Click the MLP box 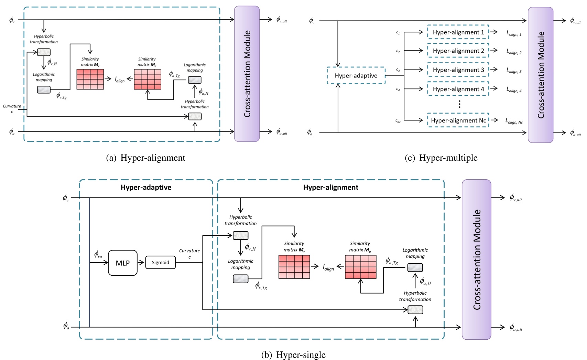point(123,263)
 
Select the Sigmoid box point(160,262)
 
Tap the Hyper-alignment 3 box point(458,70)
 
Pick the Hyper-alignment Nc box point(458,120)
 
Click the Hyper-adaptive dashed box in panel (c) point(356,76)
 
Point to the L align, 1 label point(514,33)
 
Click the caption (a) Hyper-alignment point(146,158)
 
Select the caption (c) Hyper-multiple point(441,158)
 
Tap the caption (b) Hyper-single point(293,355)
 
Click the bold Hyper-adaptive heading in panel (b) point(146,188)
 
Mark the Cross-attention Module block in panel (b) point(476,260)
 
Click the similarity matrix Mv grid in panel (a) point(90,80)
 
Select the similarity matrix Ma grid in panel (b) point(360,267)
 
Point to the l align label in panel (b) point(328,267)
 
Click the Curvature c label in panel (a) point(12,108)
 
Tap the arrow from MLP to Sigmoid point(141,263)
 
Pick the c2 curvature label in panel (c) point(398,51)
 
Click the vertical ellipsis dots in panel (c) point(459,105)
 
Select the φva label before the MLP point(98,255)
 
